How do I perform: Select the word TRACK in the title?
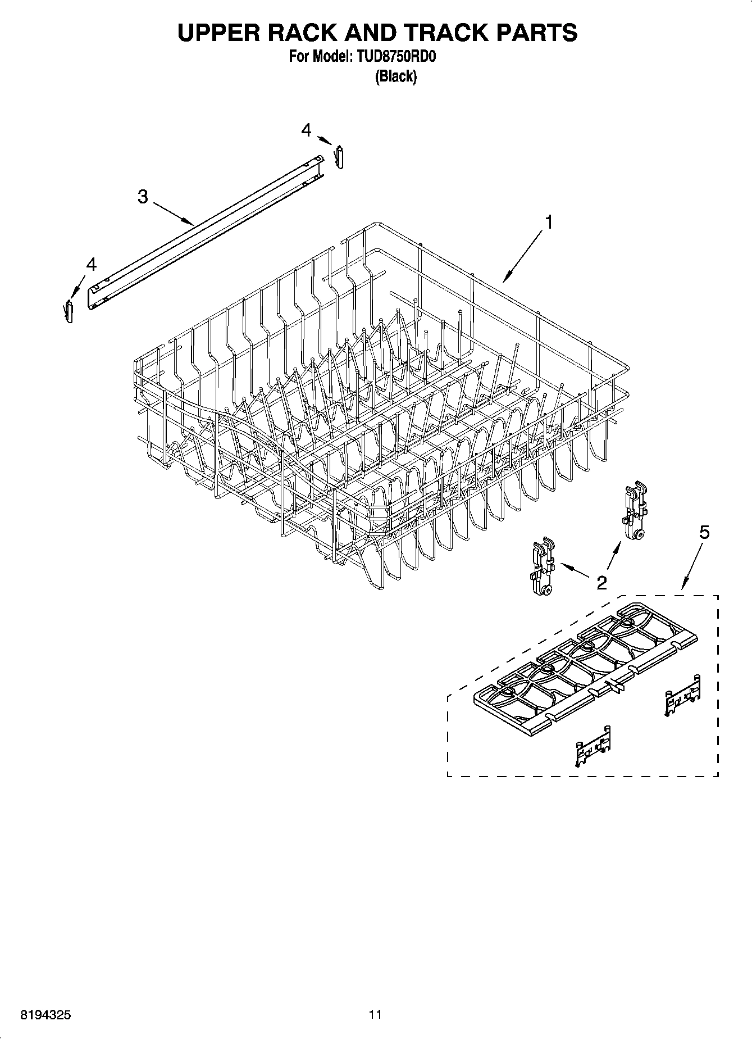click(447, 33)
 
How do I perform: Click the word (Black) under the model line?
click(396, 76)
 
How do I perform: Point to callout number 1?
click(548, 223)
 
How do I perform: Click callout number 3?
click(143, 197)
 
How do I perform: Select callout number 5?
click(704, 532)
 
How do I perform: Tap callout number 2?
click(601, 583)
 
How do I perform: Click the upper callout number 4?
click(306, 130)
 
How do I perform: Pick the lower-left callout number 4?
click(91, 264)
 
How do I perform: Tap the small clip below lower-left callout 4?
click(69, 311)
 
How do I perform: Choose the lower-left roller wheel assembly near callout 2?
click(541, 568)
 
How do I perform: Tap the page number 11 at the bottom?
click(375, 1014)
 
